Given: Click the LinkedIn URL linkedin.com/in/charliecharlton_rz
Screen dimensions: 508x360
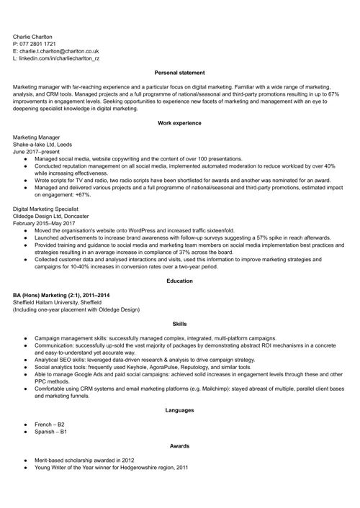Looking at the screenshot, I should [x=60, y=59].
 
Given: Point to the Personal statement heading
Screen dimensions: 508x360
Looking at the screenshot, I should [x=180, y=73].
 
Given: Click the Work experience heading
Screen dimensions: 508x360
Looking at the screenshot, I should [x=180, y=123].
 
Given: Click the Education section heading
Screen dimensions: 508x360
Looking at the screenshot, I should [x=180, y=281].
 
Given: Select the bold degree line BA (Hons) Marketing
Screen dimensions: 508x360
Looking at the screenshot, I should [x=61, y=295].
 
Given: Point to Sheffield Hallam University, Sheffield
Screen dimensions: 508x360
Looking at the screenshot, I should [x=57, y=302].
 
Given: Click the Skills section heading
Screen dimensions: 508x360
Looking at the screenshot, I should [x=180, y=324].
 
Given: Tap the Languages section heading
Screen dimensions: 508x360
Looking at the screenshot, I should [x=180, y=410].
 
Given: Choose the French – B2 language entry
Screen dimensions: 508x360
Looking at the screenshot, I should [x=50, y=425].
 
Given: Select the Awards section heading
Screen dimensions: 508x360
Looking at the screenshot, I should [x=180, y=446].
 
